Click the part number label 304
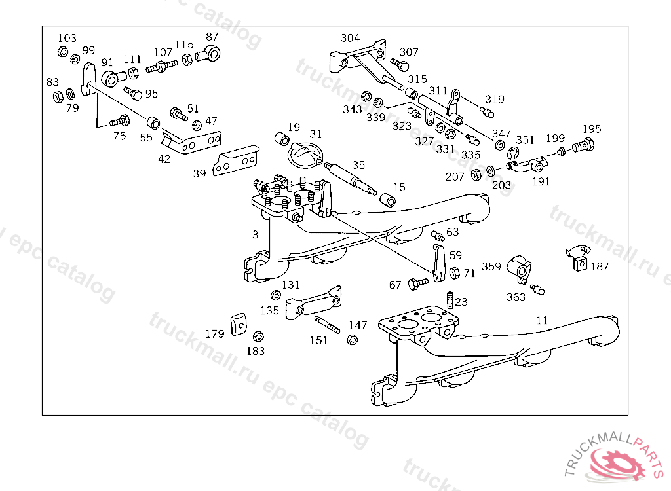350,38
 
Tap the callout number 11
542,320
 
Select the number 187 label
600,266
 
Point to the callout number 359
491,266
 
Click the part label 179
215,334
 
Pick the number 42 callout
164,159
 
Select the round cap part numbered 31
305,157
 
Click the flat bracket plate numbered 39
236,160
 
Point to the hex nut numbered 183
258,336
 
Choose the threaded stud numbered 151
328,325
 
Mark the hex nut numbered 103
62,52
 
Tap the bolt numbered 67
417,283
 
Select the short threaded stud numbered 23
450,300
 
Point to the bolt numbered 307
400,65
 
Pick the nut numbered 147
352,340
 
